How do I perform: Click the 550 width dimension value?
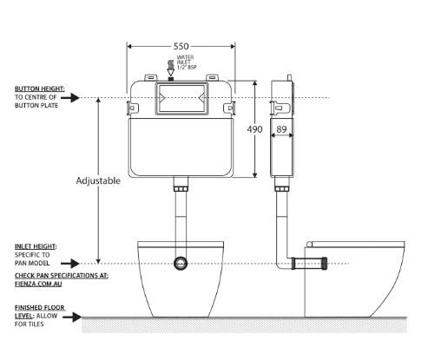point(180,45)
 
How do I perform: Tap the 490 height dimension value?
point(255,129)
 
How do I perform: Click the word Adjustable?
point(98,181)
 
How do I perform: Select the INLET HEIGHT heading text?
point(35,246)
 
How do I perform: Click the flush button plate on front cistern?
point(180,98)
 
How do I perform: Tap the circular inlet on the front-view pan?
point(181,262)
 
